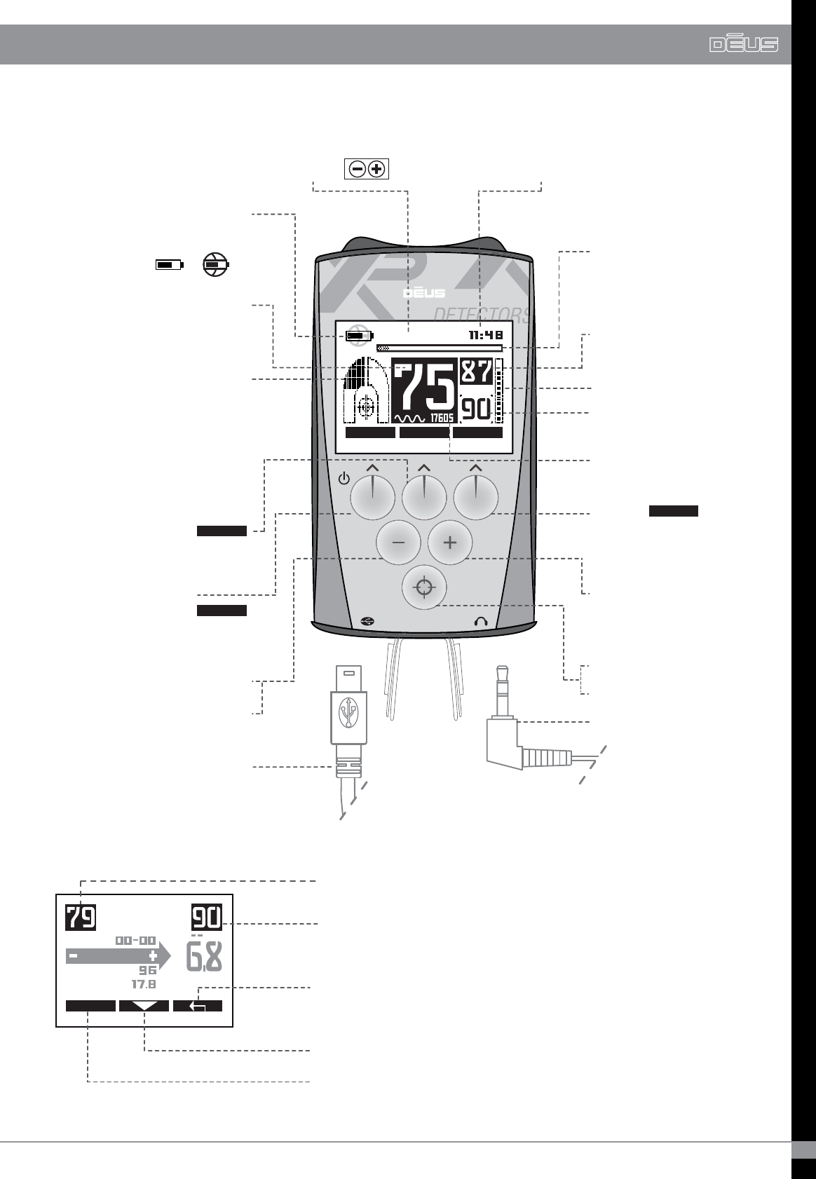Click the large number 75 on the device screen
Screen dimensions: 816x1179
click(x=423, y=387)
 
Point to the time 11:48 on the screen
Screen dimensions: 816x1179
click(x=486, y=336)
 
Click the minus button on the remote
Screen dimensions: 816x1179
click(x=398, y=543)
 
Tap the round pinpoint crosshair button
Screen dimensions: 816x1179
click(x=424, y=587)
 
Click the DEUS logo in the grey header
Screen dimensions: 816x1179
click(x=743, y=45)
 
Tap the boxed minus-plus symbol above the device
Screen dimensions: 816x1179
click(x=367, y=169)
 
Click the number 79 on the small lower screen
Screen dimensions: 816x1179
click(x=81, y=918)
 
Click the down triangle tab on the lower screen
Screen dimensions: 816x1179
click(x=144, y=1006)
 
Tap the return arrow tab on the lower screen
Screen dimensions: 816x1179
click(x=198, y=1006)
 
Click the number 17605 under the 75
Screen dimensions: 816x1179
click(x=441, y=418)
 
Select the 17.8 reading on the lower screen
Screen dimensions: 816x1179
click(x=144, y=984)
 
